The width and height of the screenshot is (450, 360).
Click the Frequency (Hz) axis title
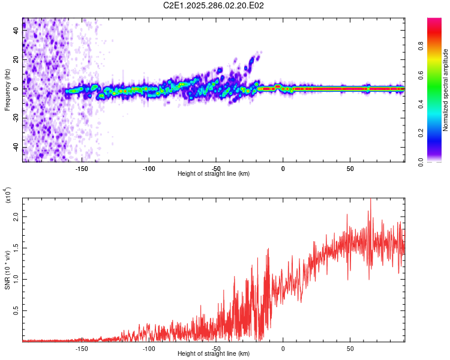pyautogui.click(x=8, y=90)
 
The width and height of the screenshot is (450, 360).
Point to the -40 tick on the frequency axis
pyautogui.click(x=15, y=147)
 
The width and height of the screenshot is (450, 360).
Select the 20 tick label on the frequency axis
pyautogui.click(x=17, y=60)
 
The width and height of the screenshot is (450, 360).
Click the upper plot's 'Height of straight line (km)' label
pyautogui.click(x=214, y=174)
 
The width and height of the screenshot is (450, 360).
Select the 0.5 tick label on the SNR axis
pyautogui.click(x=17, y=310)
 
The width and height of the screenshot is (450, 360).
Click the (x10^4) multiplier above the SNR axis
pyautogui.click(x=8, y=196)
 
